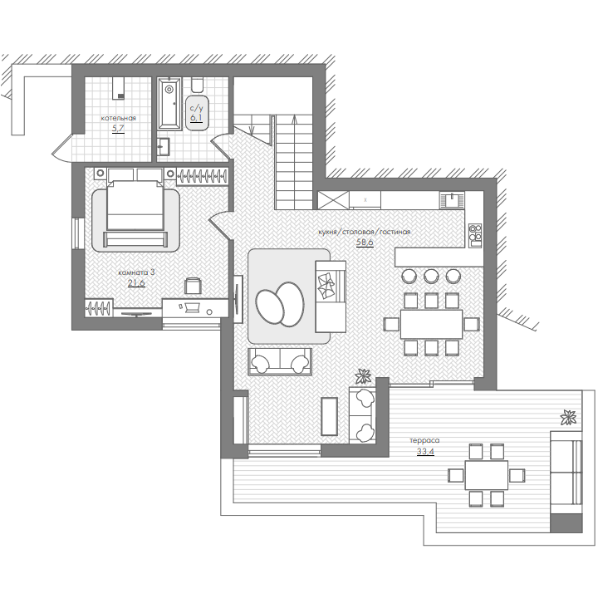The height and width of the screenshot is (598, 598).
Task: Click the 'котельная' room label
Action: [118, 118]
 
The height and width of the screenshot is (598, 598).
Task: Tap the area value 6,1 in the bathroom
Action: [196, 118]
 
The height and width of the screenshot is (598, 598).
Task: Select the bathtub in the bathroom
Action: [169, 104]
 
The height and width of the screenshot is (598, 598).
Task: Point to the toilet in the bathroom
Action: [197, 85]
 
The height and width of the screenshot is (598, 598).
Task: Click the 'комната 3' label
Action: [136, 272]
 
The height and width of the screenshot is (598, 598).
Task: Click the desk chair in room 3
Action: [193, 285]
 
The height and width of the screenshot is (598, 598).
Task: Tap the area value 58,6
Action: [365, 243]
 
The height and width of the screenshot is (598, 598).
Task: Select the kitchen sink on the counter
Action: [453, 200]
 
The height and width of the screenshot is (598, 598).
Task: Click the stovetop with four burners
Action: [475, 235]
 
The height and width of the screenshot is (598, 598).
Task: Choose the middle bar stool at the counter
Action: [431, 276]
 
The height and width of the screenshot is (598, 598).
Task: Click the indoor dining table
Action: [431, 324]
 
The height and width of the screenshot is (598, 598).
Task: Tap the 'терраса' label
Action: [424, 440]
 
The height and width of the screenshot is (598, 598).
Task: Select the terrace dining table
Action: [486, 475]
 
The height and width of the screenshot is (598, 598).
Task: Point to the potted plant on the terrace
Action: [568, 418]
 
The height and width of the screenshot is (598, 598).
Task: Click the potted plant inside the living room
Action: [363, 376]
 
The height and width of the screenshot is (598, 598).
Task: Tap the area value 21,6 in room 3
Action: [136, 283]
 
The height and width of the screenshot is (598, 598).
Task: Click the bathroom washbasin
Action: [164, 147]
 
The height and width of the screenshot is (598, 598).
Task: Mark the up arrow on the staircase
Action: [294, 162]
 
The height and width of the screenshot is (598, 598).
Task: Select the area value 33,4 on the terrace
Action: [425, 452]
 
